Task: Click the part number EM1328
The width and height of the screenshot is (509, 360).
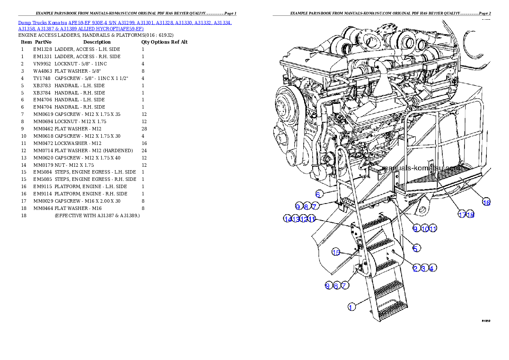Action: click(42, 49)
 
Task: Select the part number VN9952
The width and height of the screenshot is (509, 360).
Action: click(42, 64)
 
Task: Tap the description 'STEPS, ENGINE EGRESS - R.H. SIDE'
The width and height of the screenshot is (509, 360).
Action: click(95, 179)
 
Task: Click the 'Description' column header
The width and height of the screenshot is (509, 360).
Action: click(97, 42)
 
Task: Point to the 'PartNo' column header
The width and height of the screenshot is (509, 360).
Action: click(43, 42)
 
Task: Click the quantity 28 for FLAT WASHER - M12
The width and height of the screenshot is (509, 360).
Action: click(144, 129)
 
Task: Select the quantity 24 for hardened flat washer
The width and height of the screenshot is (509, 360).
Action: click(144, 150)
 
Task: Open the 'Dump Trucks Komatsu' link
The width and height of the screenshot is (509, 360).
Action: click(42, 23)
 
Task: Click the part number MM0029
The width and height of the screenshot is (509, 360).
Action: click(43, 201)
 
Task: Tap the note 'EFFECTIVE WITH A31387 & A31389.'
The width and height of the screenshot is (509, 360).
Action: click(97, 215)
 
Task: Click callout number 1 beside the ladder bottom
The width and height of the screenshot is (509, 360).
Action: click(352, 307)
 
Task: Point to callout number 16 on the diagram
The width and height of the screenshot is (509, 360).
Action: click(486, 203)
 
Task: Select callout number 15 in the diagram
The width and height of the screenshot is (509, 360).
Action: click(336, 252)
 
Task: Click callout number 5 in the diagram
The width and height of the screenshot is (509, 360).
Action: click(416, 248)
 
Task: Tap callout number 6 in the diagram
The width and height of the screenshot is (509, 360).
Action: click(318, 194)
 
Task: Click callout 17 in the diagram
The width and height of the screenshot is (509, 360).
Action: click(462, 214)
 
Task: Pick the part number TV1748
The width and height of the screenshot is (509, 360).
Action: click(42, 79)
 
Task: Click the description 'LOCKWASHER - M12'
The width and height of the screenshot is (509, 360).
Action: click(78, 144)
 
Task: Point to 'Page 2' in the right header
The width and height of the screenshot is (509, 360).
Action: click(485, 13)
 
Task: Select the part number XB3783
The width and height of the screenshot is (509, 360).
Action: click(42, 86)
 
